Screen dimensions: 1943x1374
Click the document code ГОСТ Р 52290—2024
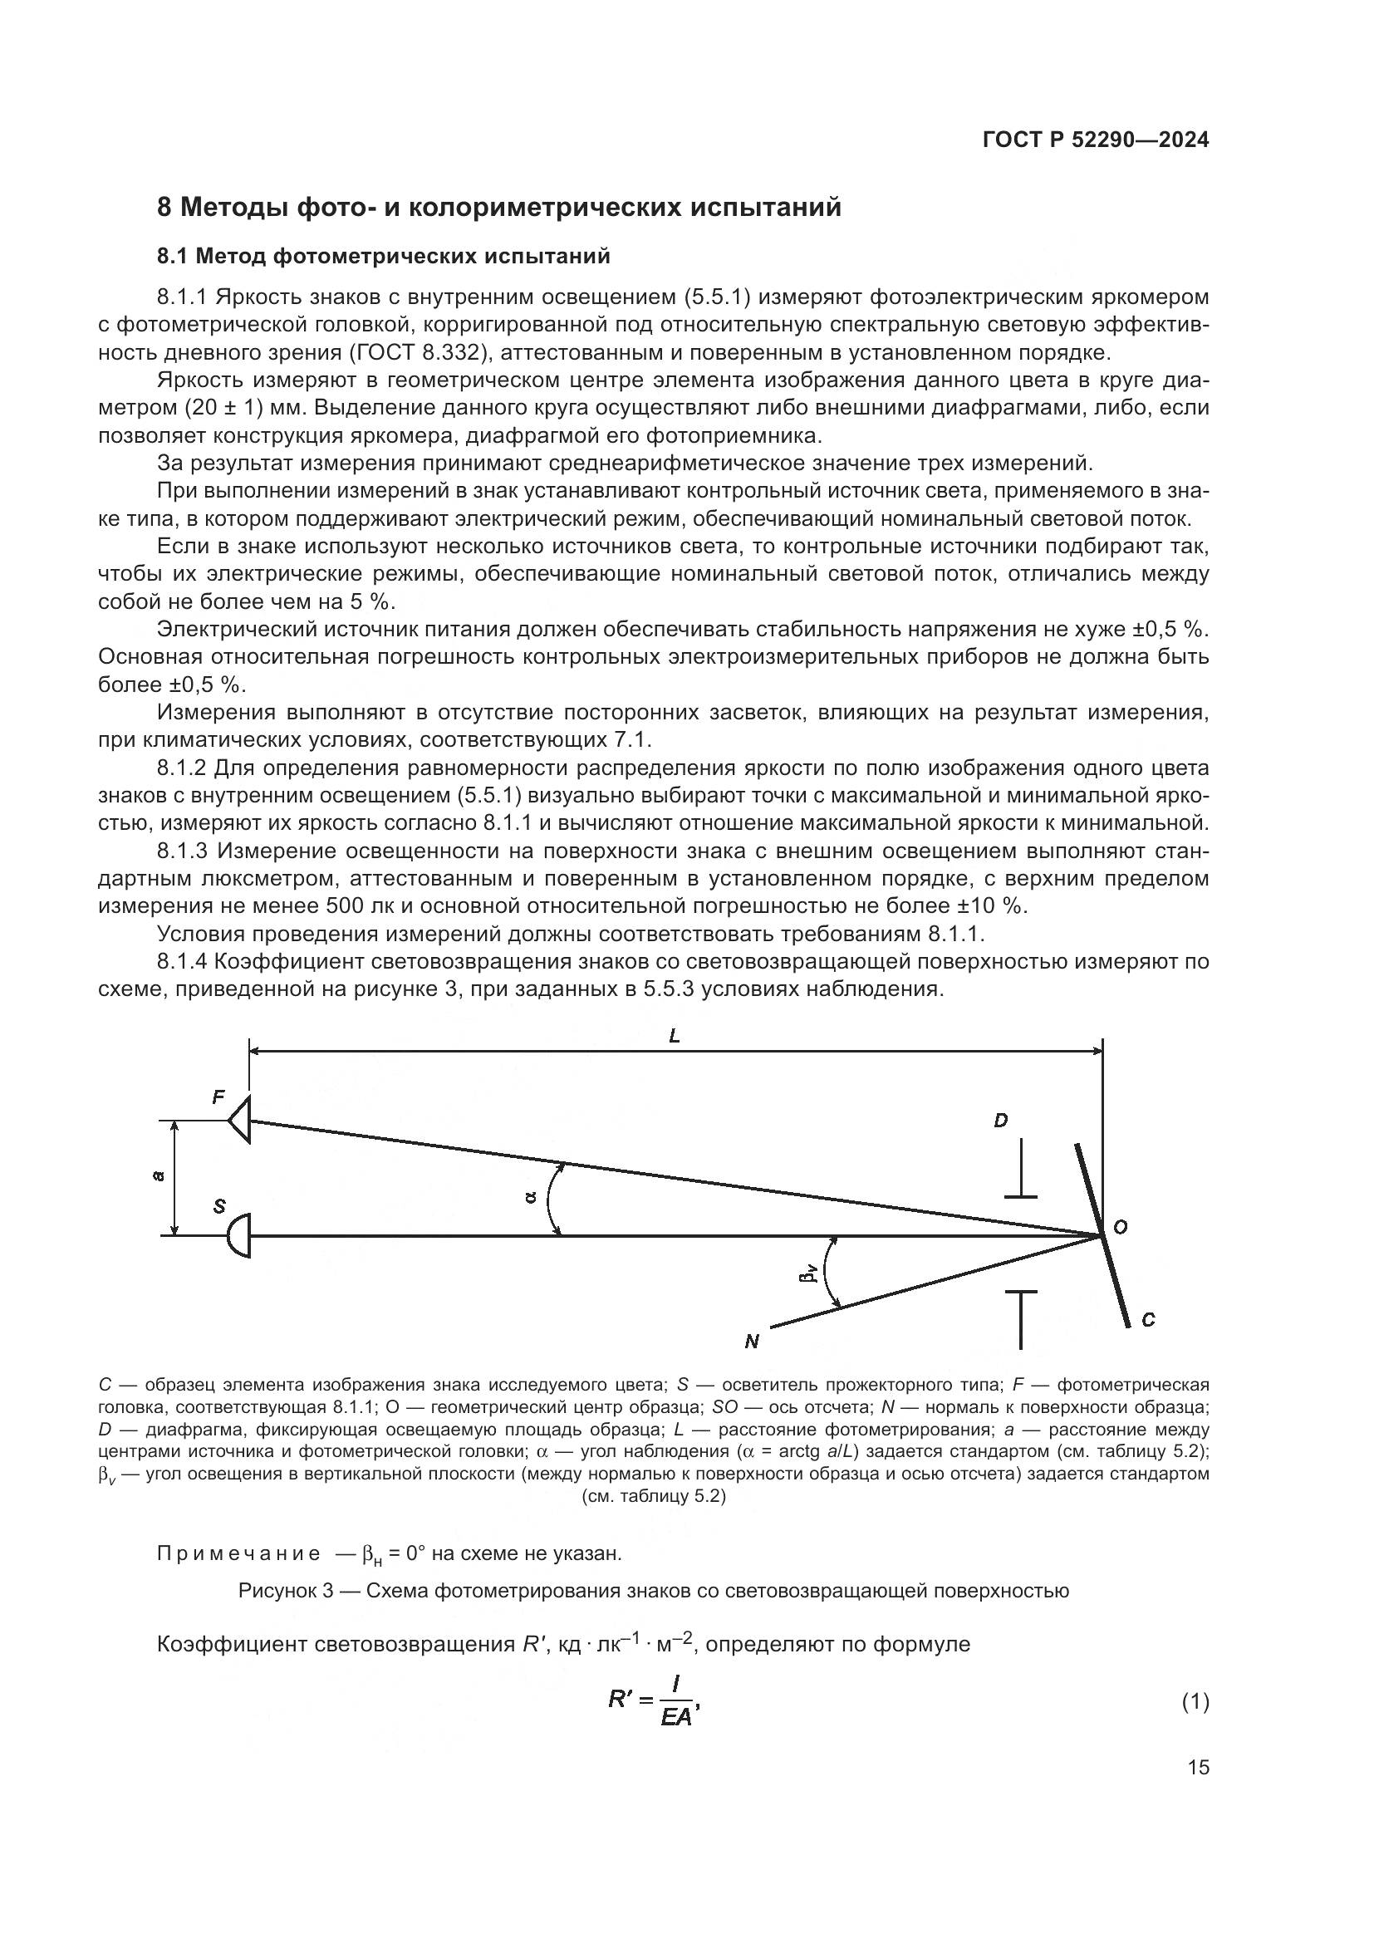1096,140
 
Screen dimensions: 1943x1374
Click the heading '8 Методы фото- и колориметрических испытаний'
499,207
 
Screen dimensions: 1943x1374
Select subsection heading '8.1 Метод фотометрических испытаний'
383,255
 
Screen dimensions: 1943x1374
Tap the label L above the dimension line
675,1036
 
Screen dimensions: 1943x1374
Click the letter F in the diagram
218,1097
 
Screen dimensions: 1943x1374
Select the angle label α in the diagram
531,1196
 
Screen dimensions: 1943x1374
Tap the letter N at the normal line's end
751,1342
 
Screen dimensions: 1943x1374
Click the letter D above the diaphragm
1001,1121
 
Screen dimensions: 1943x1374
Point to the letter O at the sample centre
1120,1227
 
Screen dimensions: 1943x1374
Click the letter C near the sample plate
1148,1319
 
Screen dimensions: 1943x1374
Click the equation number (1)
1195,1702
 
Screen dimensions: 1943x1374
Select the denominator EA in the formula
675,1717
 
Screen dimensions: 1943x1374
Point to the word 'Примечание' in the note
238,1553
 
